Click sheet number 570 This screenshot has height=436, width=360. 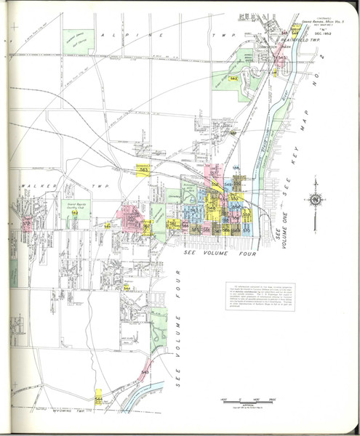pos(247,230)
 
